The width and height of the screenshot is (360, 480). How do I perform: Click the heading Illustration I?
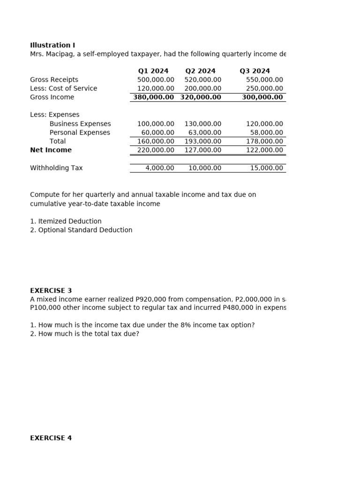52,45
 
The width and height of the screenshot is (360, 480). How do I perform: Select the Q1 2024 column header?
153,71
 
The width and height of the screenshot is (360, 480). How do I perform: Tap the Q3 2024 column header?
255,71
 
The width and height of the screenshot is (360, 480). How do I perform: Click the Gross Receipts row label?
54,80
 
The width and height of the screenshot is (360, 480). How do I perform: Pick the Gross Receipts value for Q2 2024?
202,80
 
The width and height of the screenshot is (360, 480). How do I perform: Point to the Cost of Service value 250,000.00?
264,89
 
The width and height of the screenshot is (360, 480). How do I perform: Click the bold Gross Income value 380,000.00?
153,97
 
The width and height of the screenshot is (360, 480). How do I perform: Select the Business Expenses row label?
80,124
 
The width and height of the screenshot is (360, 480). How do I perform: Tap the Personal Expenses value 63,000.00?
205,133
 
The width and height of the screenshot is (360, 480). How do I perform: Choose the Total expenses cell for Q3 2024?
264,142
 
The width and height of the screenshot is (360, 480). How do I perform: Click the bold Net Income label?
51,150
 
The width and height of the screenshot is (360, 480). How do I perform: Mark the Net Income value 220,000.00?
156,150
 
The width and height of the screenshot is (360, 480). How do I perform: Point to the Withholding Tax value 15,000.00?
266,168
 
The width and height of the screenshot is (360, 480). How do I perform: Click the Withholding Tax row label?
56,168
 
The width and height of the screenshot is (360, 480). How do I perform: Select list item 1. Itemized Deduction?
66,221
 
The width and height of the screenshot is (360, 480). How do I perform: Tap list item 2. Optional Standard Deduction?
81,230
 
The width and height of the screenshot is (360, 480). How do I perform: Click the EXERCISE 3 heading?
51,291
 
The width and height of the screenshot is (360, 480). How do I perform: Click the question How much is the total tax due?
84,334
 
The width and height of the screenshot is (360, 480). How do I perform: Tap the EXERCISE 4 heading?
51,438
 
